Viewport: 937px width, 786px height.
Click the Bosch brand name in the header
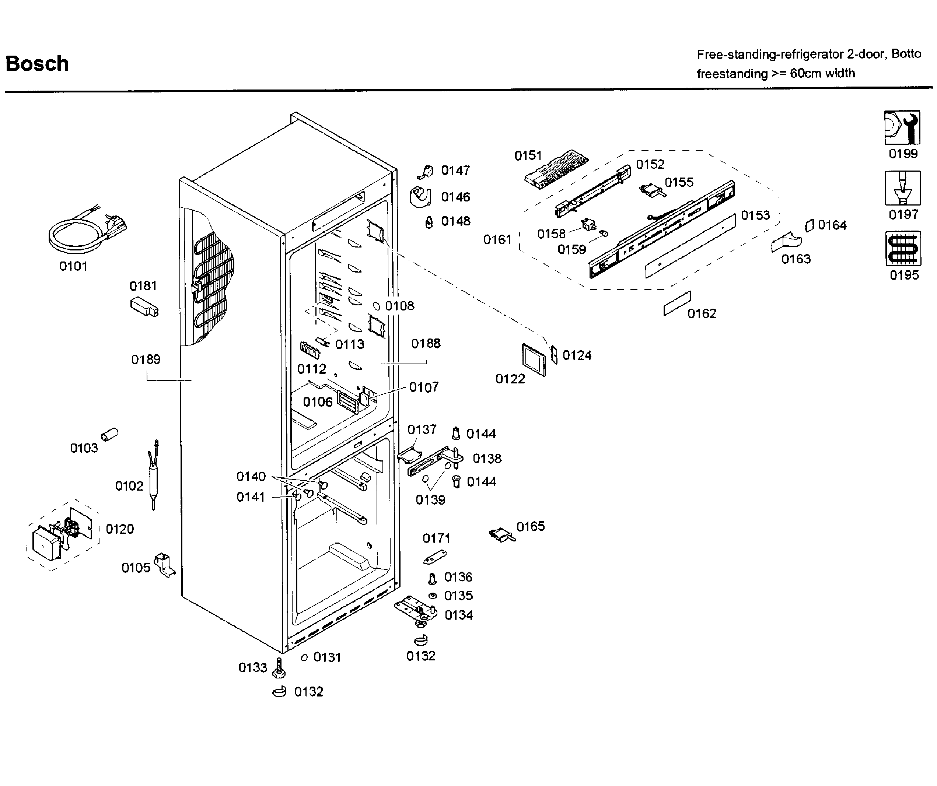(37, 64)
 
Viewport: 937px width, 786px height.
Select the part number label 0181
(143, 285)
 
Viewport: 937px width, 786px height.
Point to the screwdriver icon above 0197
(902, 188)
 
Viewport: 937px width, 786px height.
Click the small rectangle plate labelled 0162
(677, 303)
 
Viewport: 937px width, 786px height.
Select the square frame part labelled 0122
(534, 359)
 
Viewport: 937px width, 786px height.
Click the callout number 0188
(426, 343)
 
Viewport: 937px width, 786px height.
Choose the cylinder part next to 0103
(109, 434)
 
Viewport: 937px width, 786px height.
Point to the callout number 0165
(531, 526)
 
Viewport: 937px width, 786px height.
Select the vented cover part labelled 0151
(556, 168)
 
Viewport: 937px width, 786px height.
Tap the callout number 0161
(497, 239)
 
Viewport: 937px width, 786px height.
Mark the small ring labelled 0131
(304, 657)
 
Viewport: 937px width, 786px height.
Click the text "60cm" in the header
(805, 73)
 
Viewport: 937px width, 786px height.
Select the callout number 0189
(146, 359)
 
